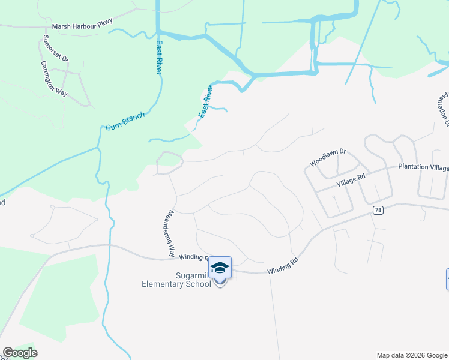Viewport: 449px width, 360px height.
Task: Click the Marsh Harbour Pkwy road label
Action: pyautogui.click(x=82, y=26)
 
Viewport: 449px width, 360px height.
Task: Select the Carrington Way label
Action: pyautogui.click(x=54, y=79)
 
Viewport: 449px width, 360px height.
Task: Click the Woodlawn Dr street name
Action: pyautogui.click(x=328, y=158)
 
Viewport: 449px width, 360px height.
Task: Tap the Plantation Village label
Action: pyautogui.click(x=423, y=167)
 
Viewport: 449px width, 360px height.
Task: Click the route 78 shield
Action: pyautogui.click(x=377, y=210)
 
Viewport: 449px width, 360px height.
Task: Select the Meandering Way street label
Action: pyautogui.click(x=171, y=234)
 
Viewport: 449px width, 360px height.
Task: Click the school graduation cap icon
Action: pyautogui.click(x=220, y=267)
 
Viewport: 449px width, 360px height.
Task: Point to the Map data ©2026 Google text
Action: pyautogui.click(x=412, y=355)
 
